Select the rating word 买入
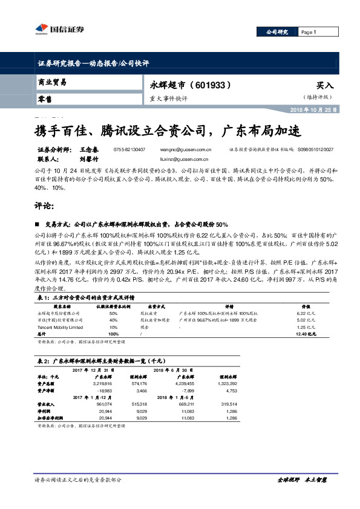pos(325,86)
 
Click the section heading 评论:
pos(46,206)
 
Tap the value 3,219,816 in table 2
pos(102,383)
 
